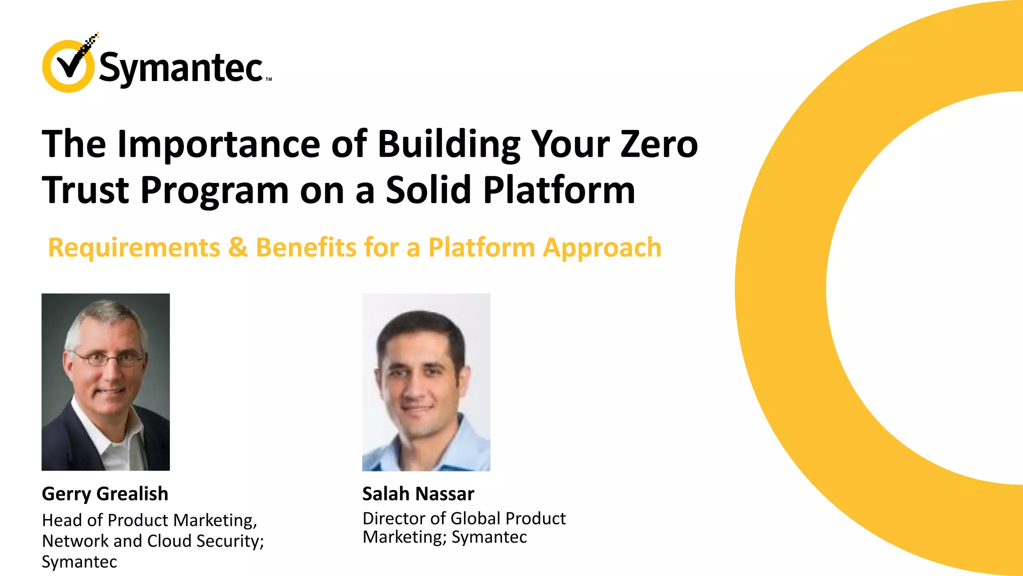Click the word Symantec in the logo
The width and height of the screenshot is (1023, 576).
181,68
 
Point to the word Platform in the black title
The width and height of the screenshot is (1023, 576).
559,190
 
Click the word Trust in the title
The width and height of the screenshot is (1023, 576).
85,190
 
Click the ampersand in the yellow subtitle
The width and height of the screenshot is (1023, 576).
238,247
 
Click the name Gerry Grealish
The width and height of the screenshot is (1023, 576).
105,494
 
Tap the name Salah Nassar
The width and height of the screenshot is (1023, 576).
418,494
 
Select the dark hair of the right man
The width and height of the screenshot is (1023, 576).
422,325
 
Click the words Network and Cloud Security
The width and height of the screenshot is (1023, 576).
152,541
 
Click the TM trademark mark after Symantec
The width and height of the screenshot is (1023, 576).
269,79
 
